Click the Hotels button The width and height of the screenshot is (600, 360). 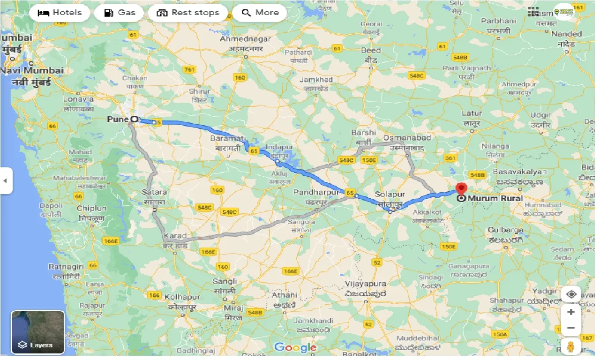[60, 13]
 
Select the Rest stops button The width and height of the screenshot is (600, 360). [188, 13]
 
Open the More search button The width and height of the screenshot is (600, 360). [261, 13]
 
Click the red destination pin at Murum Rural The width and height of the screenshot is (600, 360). [461, 189]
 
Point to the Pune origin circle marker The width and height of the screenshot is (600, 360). [135, 119]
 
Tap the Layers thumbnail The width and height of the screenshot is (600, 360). [38, 332]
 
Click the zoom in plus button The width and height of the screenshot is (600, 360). [571, 312]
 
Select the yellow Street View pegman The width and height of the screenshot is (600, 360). [571, 347]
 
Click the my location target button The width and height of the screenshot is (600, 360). [571, 294]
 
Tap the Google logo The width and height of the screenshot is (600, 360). [295, 347]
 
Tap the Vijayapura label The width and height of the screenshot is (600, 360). [365, 284]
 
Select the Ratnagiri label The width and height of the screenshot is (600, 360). [66, 266]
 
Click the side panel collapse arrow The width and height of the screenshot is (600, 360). [6, 180]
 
